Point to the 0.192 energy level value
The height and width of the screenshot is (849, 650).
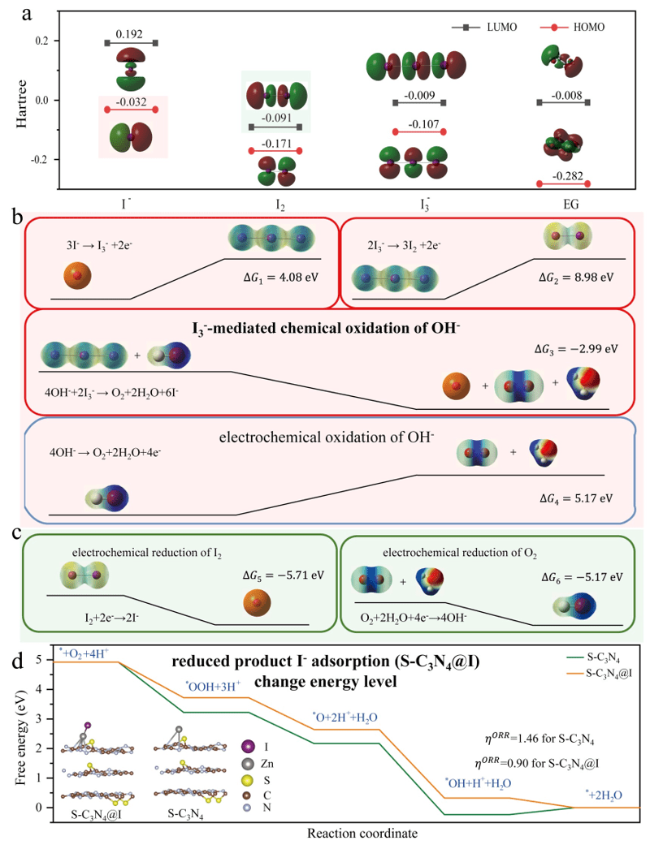click(x=131, y=34)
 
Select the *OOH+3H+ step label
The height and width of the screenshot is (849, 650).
click(x=213, y=686)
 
